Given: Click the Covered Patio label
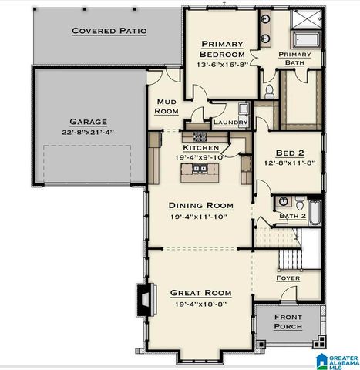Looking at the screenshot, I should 109,31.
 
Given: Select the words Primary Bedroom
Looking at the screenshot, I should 221,49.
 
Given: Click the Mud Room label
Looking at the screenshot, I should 167,106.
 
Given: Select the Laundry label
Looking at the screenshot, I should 230,123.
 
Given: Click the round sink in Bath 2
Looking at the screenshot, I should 283,202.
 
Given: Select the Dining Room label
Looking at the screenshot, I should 200,206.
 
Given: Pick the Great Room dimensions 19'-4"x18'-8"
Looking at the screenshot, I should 200,304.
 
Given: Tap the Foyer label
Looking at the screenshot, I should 288,277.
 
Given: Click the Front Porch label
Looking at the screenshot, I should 287,321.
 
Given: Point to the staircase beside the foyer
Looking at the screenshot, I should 287,251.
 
